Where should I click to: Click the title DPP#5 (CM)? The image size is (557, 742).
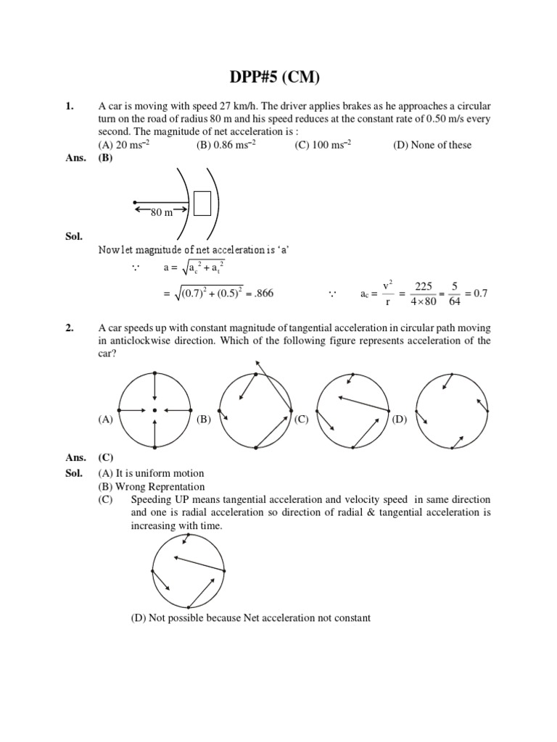pos(278,78)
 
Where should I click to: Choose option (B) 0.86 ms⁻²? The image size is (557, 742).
pos(226,145)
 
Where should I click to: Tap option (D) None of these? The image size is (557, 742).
pos(432,145)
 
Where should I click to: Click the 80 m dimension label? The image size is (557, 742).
pos(161,212)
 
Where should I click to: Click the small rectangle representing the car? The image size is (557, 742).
pos(202,203)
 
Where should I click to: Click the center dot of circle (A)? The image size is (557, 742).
pos(154,410)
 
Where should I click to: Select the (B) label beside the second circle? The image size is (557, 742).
pos(204,419)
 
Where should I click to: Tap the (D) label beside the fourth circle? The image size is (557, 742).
pos(400,419)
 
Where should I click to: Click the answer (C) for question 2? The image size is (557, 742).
pos(106,458)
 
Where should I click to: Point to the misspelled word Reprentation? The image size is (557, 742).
pos(175,487)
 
